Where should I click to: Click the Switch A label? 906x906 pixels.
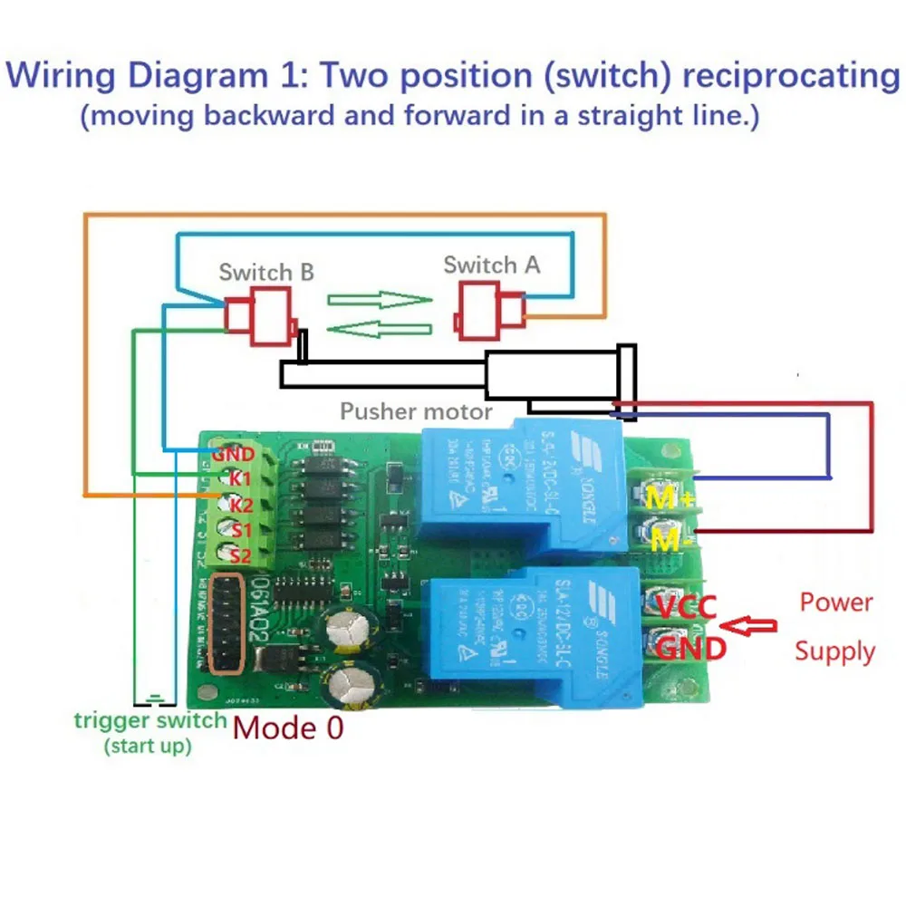click(x=491, y=265)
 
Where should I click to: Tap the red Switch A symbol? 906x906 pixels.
click(x=490, y=311)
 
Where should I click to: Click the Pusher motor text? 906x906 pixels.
click(x=416, y=411)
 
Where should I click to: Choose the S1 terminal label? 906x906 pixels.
click(x=238, y=529)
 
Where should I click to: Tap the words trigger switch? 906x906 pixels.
click(x=149, y=721)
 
